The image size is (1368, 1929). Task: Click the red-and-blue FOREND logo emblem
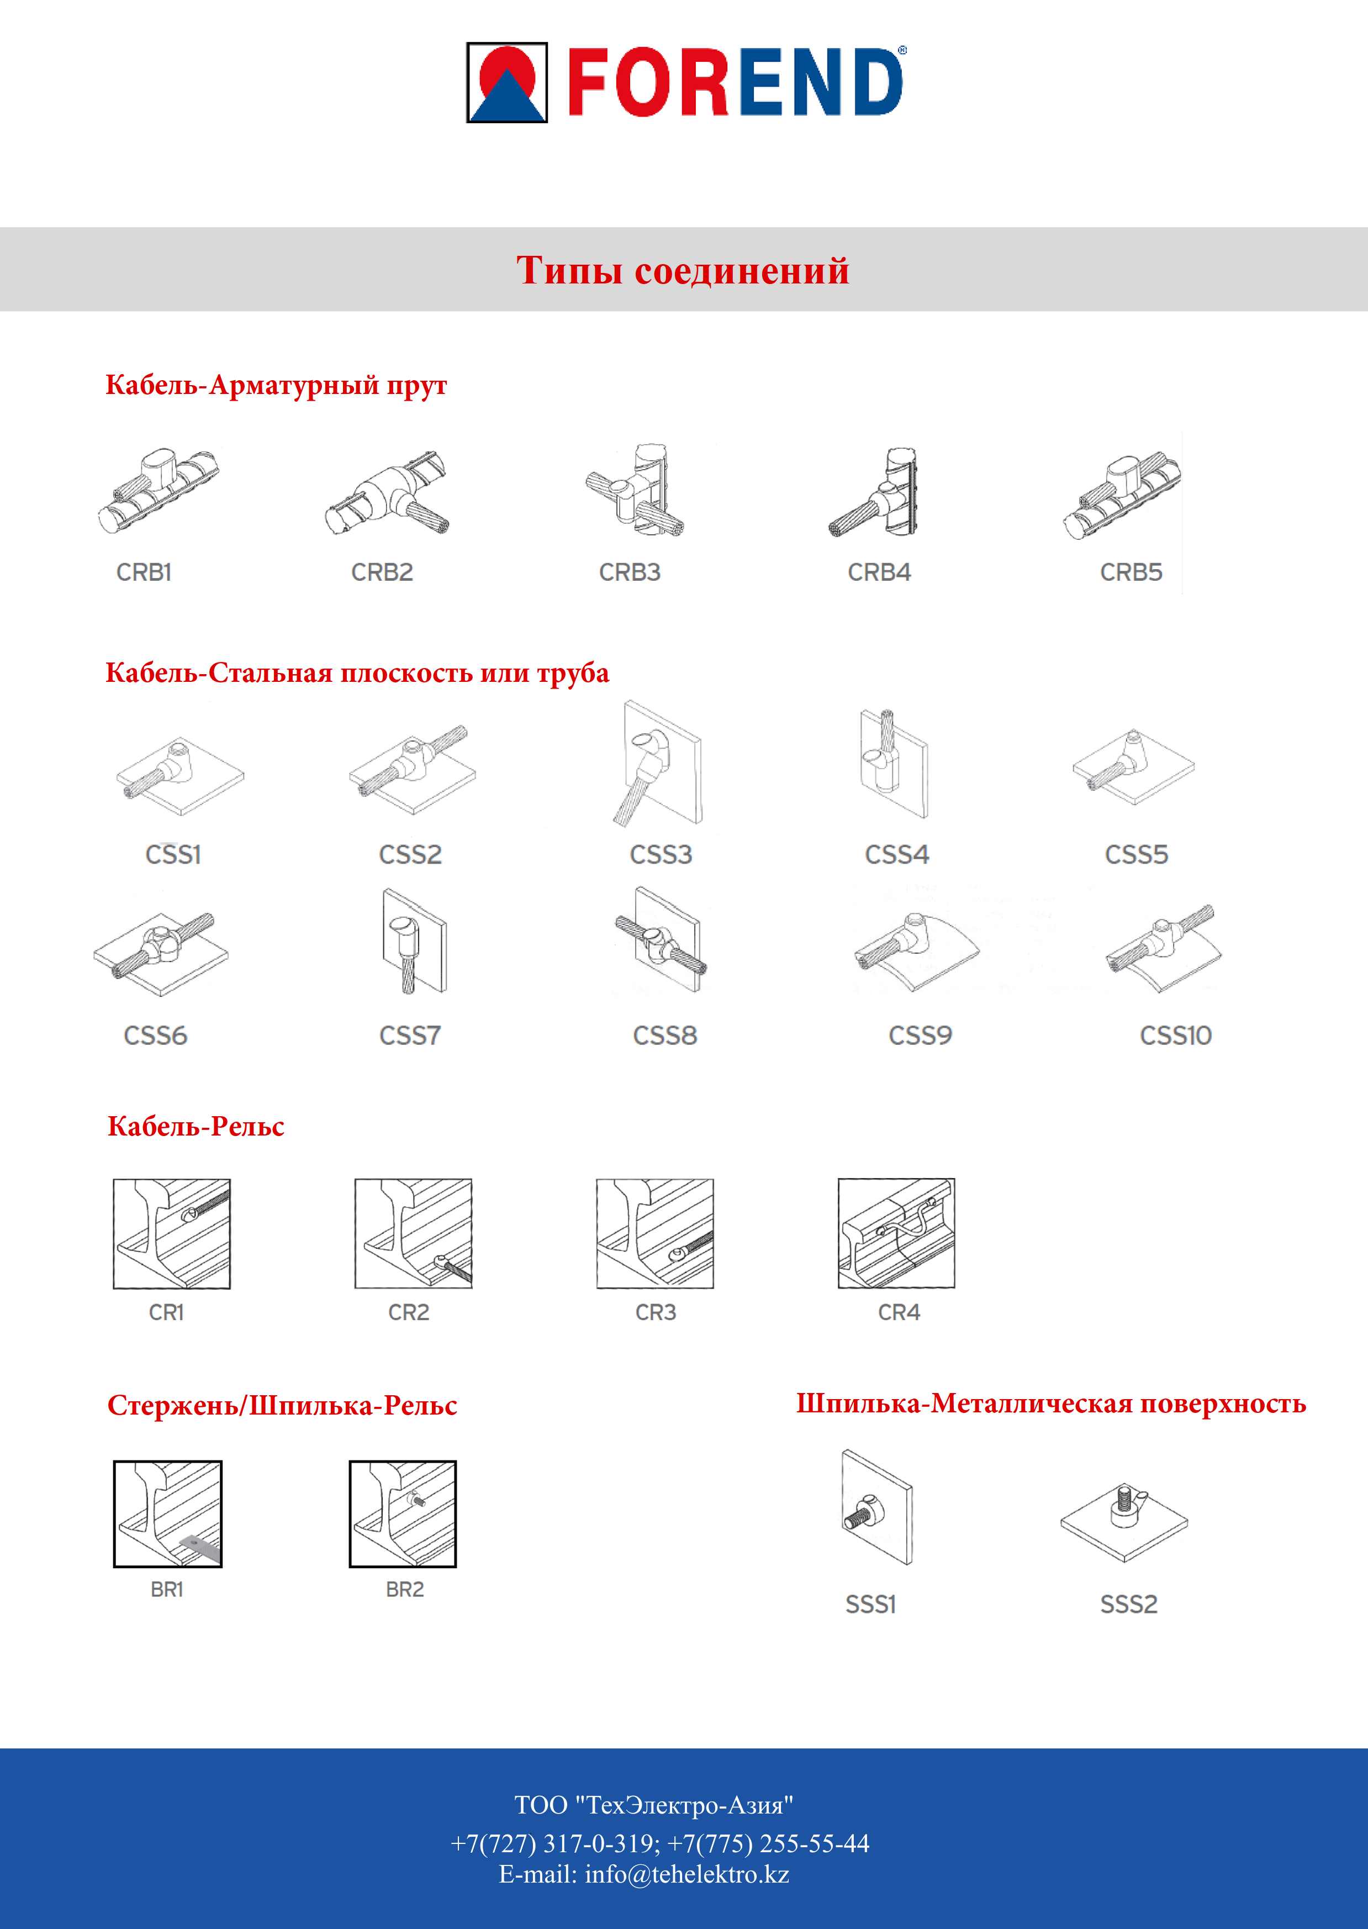pyautogui.click(x=507, y=82)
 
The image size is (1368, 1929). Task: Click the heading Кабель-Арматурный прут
pyautogui.click(x=276, y=385)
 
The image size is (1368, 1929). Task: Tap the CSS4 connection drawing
pyautogui.click(x=893, y=763)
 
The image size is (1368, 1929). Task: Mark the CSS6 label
pyautogui.click(x=155, y=1036)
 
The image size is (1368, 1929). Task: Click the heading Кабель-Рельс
pyautogui.click(x=196, y=1127)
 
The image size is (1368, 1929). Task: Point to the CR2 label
pyautogui.click(x=409, y=1312)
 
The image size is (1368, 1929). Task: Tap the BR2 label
pyautogui.click(x=404, y=1589)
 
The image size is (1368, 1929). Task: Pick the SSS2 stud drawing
pyautogui.click(x=1124, y=1518)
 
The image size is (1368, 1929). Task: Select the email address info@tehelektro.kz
pyautogui.click(x=686, y=1874)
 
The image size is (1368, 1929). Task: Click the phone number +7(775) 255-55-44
pyautogui.click(x=768, y=1843)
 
